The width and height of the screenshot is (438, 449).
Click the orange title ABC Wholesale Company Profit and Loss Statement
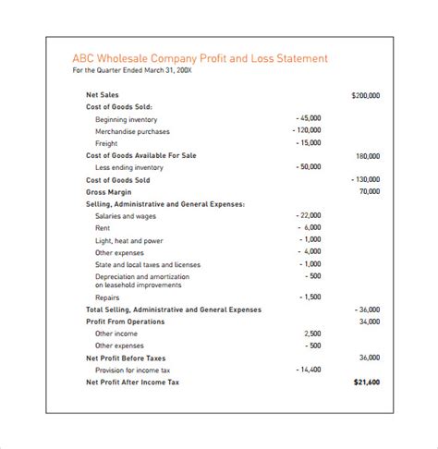(199, 58)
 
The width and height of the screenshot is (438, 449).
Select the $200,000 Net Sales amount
(366, 95)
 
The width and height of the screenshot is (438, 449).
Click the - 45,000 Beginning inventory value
(309, 119)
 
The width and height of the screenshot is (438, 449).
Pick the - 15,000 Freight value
(309, 143)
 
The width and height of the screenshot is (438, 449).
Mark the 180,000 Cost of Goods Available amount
(368, 155)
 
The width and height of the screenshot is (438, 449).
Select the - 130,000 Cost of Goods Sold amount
(366, 179)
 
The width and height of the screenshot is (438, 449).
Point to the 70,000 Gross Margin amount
(370, 191)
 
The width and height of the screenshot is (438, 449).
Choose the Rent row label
(103, 227)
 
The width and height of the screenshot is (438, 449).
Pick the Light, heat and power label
(128, 239)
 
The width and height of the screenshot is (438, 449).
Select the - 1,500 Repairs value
(310, 297)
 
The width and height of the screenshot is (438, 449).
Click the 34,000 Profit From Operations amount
(370, 322)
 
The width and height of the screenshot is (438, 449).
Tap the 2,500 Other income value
(312, 334)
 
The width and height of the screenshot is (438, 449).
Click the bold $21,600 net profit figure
(366, 382)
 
